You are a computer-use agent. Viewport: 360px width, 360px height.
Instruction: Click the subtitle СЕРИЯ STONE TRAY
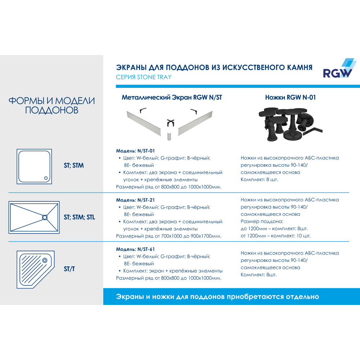point(144,77)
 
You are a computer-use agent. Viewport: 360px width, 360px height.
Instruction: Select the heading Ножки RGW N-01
point(291,97)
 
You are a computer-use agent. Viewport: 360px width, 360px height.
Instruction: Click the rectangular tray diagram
point(34,217)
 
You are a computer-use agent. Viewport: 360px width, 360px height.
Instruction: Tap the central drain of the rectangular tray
point(45,217)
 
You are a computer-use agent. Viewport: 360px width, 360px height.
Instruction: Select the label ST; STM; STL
point(79,217)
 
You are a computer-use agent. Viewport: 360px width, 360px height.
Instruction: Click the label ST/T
point(69,269)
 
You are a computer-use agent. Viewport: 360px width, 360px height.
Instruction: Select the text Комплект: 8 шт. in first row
point(259,180)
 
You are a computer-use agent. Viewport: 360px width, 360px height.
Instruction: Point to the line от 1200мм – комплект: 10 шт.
point(275,236)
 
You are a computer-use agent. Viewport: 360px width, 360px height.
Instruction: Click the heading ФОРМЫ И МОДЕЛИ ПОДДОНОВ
point(51,105)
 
